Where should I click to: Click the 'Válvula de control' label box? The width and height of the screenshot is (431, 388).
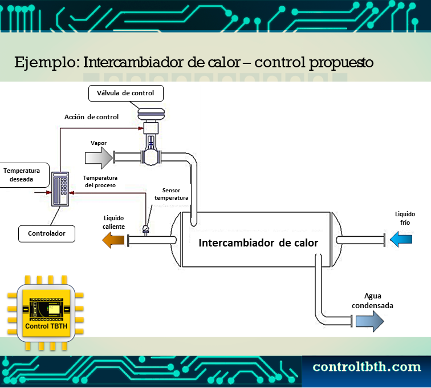(x=126, y=93)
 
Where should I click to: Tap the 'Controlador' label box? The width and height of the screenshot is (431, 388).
(x=46, y=233)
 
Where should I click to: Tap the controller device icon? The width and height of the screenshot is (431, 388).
(x=60, y=188)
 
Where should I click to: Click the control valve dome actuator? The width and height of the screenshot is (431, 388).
(x=151, y=114)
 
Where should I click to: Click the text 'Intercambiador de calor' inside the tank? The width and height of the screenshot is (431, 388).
(x=258, y=242)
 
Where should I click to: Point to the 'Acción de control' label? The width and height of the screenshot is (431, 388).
(x=91, y=118)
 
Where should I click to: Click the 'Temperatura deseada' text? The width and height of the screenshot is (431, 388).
(x=21, y=175)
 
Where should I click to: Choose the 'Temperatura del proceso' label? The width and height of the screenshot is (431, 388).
(x=100, y=181)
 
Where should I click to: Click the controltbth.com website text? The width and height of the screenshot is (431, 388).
(x=367, y=367)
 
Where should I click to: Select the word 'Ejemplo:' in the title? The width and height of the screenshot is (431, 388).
(x=47, y=62)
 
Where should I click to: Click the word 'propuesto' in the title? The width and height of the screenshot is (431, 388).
(x=341, y=62)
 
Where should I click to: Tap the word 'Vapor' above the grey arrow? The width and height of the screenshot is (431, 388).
(x=99, y=143)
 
